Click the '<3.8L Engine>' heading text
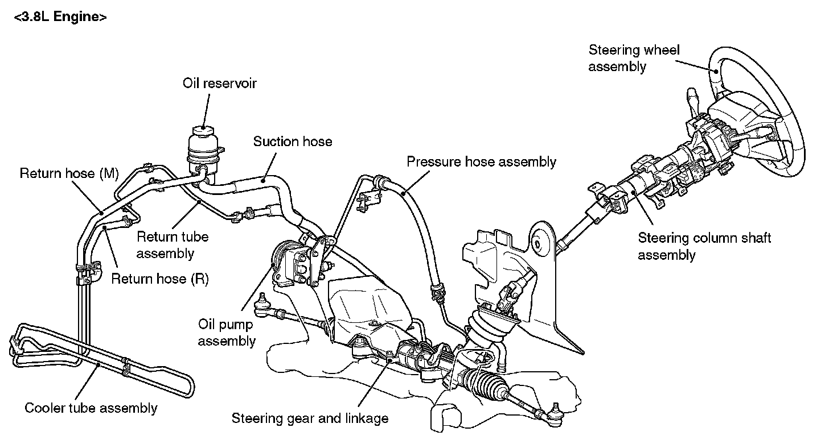[x=60, y=17]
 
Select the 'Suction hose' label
[x=292, y=141]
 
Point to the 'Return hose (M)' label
[x=68, y=173]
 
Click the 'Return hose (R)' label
[x=159, y=279]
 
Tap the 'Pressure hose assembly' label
[x=481, y=161]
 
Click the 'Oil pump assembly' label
[x=227, y=333]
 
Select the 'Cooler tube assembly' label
[x=91, y=408]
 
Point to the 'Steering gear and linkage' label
[x=310, y=418]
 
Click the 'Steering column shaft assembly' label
[x=704, y=246]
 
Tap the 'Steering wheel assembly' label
[x=634, y=58]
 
